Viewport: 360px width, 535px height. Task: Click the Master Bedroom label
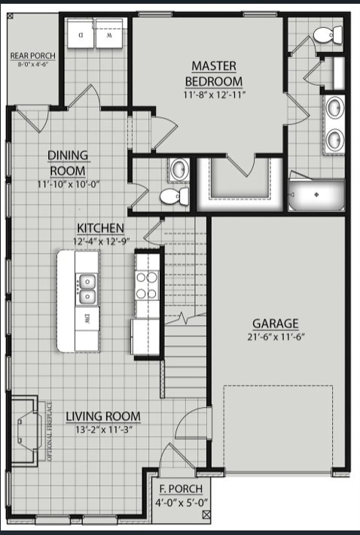215,74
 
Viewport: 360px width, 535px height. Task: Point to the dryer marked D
80,35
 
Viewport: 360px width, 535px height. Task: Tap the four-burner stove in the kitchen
148,284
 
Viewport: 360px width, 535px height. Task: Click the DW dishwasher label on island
87,317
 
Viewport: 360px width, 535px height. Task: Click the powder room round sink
179,170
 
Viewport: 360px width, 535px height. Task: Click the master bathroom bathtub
317,194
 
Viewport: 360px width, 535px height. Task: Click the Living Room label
102,417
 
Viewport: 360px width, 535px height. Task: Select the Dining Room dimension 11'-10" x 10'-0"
68,183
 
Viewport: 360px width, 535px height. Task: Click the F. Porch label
182,491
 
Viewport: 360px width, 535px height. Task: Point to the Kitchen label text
100,228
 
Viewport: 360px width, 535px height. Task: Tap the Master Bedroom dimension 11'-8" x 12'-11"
215,95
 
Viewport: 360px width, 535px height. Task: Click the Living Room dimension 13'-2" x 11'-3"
102,430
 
